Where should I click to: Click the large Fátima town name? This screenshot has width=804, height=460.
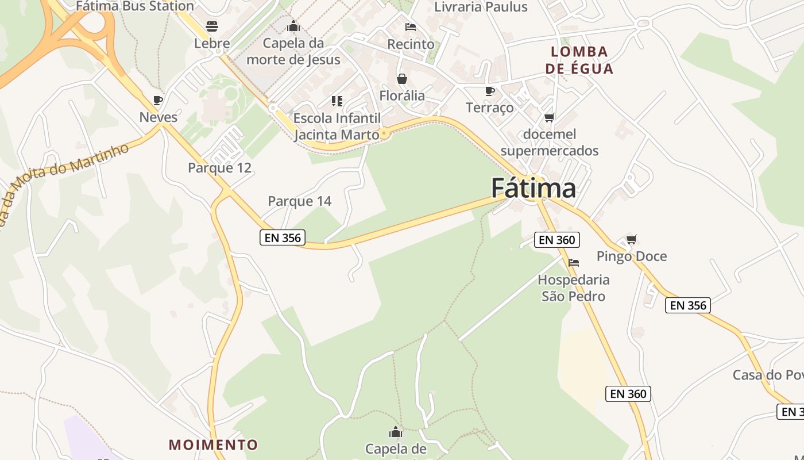[533, 188]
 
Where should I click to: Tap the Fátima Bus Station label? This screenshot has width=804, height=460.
[135, 6]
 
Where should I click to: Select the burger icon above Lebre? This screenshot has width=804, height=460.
[212, 26]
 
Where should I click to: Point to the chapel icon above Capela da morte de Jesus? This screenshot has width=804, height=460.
[293, 26]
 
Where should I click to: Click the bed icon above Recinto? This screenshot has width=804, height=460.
[410, 27]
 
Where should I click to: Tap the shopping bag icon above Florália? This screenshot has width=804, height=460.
[402, 79]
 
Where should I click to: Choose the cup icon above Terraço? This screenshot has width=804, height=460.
[489, 91]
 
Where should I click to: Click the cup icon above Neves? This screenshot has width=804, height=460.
[158, 100]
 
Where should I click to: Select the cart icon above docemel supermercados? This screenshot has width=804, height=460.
[549, 118]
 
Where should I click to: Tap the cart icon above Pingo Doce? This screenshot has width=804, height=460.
[631, 239]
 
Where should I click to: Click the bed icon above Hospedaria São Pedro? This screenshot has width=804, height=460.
[573, 263]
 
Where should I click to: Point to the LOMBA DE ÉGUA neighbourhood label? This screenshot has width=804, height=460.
[579, 60]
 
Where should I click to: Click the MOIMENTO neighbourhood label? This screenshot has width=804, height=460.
[213, 444]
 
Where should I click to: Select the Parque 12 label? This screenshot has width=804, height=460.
[220, 168]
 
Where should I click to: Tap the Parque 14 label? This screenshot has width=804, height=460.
[300, 201]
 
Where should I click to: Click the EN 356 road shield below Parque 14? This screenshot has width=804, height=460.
[283, 237]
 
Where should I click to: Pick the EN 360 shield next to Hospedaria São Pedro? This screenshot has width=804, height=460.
[556, 240]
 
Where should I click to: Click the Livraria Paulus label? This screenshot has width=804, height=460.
[481, 7]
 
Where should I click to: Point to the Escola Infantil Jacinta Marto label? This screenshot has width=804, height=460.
[337, 126]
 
